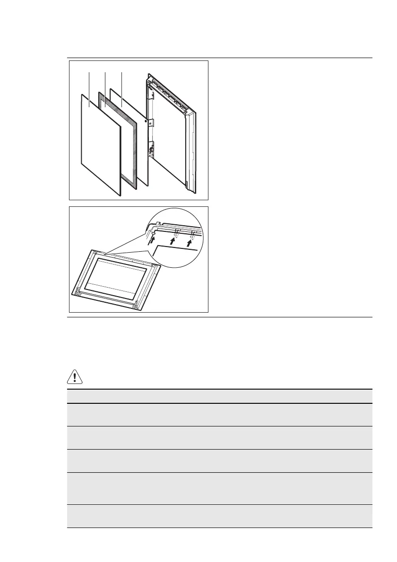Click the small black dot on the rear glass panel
click(146, 121)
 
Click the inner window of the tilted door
click(116, 277)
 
